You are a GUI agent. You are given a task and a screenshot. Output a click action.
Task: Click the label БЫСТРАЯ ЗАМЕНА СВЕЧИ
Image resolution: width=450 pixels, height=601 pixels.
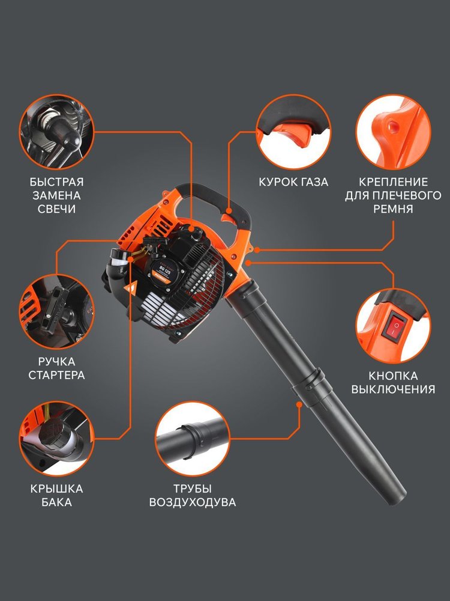pyautogui.click(x=56, y=195)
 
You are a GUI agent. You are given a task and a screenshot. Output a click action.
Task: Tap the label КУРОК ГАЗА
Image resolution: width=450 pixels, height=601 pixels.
pyautogui.click(x=293, y=182)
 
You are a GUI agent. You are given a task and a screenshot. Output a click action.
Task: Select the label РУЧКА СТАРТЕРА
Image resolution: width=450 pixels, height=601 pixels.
pyautogui.click(x=56, y=368)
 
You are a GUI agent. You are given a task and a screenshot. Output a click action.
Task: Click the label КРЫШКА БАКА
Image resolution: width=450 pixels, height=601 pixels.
pyautogui.click(x=56, y=495)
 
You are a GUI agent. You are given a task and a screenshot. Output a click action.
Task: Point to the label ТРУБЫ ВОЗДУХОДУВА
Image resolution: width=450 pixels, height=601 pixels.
pyautogui.click(x=193, y=495)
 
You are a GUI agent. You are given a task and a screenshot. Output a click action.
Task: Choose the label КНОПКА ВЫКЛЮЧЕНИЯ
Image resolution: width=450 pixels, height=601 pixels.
pyautogui.click(x=393, y=382)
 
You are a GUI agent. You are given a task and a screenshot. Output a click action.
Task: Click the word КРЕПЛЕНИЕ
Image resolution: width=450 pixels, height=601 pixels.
pyautogui.click(x=393, y=182)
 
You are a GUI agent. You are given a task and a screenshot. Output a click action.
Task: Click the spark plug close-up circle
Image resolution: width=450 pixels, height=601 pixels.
pyautogui.click(x=56, y=132)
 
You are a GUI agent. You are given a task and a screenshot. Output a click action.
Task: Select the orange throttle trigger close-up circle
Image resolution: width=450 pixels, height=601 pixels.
pyautogui.click(x=293, y=132)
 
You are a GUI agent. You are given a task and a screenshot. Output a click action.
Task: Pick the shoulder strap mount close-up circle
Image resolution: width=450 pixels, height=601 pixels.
pyautogui.click(x=393, y=132)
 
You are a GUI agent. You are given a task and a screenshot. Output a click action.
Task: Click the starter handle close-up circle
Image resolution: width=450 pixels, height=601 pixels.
pyautogui.click(x=56, y=311)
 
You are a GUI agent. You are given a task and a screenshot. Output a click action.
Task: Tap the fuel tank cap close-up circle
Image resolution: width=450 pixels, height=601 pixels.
pyautogui.click(x=56, y=439)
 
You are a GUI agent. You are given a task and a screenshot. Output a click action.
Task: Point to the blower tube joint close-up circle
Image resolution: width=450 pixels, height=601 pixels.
pyautogui.click(x=193, y=439)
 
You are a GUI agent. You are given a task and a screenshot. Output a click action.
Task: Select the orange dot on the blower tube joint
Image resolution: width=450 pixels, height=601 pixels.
pyautogui.click(x=299, y=404)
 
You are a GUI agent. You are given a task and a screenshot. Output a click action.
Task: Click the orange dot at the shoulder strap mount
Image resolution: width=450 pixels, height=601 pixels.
pyautogui.click(x=257, y=250)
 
